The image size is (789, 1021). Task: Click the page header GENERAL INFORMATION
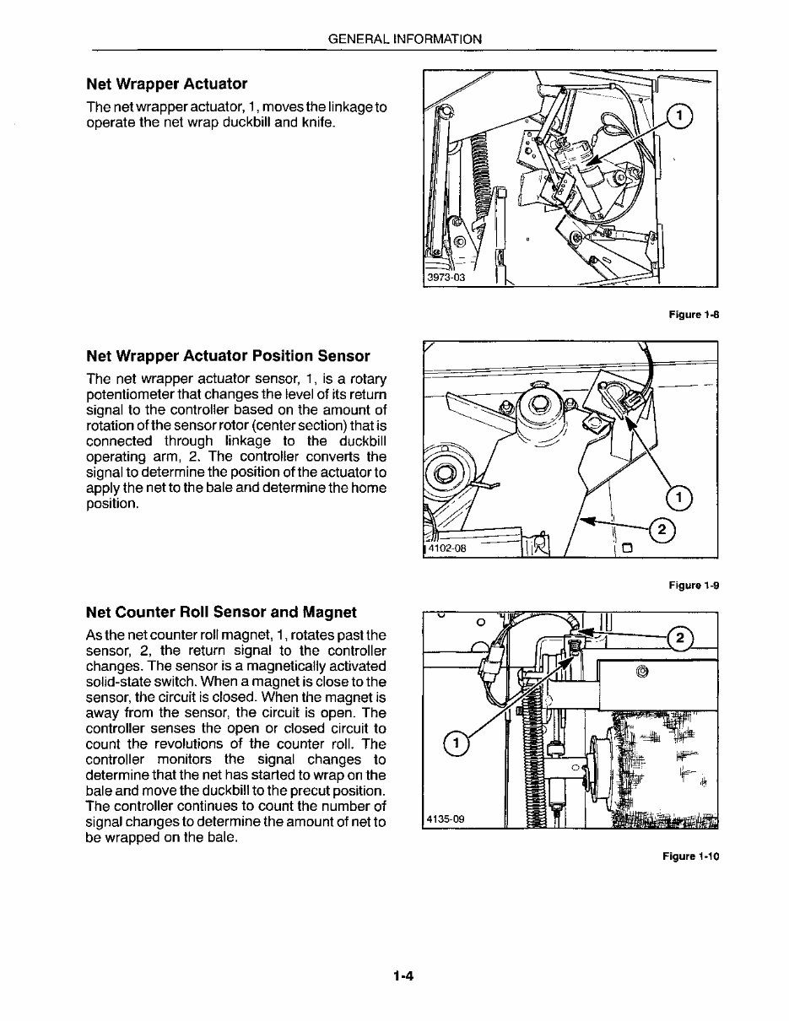pos(404,39)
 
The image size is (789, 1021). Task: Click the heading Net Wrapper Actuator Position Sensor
pos(228,355)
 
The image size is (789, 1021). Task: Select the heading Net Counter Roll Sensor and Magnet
pos(221,612)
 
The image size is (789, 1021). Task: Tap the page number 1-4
pos(401,977)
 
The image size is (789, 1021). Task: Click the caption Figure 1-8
pos(693,315)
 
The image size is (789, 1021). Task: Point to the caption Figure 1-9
pos(693,585)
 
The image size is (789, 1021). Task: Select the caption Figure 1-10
pos(690,856)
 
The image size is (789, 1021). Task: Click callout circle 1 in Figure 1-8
pos(680,117)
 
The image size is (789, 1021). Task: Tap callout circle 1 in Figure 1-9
pos(680,498)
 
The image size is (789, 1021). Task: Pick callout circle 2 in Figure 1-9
pos(662,530)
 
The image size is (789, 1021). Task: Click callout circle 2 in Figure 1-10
pos(680,636)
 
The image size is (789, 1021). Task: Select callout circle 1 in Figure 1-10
pos(456,743)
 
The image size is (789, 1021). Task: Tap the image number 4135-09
pos(446,818)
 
